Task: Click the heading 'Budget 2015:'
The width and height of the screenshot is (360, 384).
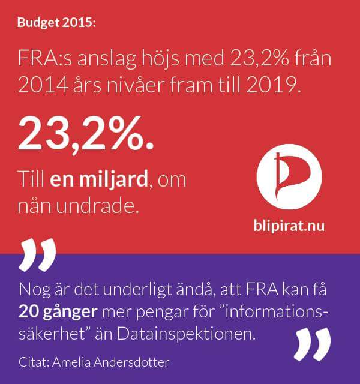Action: click(x=56, y=23)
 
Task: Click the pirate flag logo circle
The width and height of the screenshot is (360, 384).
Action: click(x=289, y=177)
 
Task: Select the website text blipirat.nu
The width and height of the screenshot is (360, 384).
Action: click(x=289, y=226)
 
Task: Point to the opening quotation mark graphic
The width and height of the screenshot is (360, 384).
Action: click(x=38, y=254)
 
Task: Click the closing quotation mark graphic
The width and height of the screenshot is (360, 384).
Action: click(x=312, y=344)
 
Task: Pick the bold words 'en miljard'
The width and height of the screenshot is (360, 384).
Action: click(x=99, y=179)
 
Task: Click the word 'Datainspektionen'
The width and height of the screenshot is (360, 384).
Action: click(x=186, y=334)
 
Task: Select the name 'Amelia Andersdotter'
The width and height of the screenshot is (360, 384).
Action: click(x=110, y=362)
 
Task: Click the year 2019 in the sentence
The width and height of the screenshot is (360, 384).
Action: click(x=274, y=85)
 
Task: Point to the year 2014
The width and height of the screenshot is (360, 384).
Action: click(x=43, y=85)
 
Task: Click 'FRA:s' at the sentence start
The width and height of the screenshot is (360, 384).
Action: click(x=45, y=59)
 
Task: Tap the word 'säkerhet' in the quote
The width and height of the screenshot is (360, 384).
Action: click(x=53, y=334)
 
